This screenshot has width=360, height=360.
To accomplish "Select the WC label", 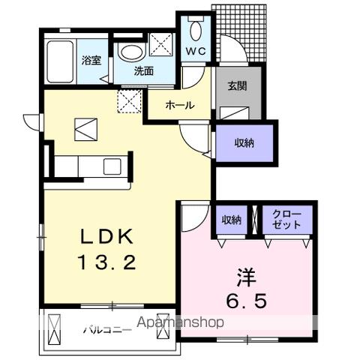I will pos(195,52).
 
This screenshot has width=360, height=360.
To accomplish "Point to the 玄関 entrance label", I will pos(239,85).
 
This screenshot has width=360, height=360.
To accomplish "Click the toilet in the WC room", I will pos(196,30).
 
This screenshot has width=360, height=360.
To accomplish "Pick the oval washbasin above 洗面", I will pos(130,52).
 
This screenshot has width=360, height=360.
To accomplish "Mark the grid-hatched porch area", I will pos(239,34).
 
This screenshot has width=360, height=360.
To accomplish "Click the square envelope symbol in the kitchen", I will pos(85,130).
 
